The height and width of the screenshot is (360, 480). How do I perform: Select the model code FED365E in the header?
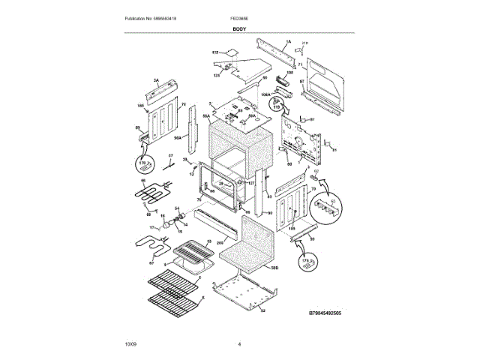click(241, 16)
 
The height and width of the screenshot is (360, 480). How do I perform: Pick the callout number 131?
click(216, 76)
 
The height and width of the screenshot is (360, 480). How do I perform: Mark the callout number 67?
click(150, 262)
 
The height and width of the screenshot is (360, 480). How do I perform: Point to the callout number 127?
click(252, 183)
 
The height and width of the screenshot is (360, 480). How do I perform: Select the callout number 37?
click(170, 154)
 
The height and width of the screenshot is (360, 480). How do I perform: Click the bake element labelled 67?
click(147, 245)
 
